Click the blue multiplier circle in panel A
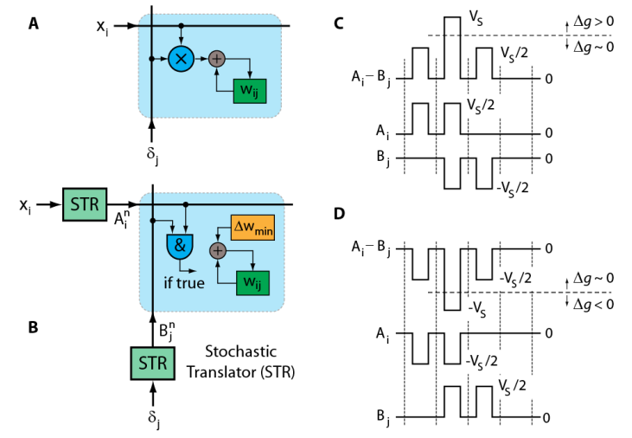182,58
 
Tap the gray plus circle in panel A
217,58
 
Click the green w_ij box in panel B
251,281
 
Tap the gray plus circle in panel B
217,250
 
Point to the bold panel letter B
33,327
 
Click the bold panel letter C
341,23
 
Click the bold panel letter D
341,213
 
